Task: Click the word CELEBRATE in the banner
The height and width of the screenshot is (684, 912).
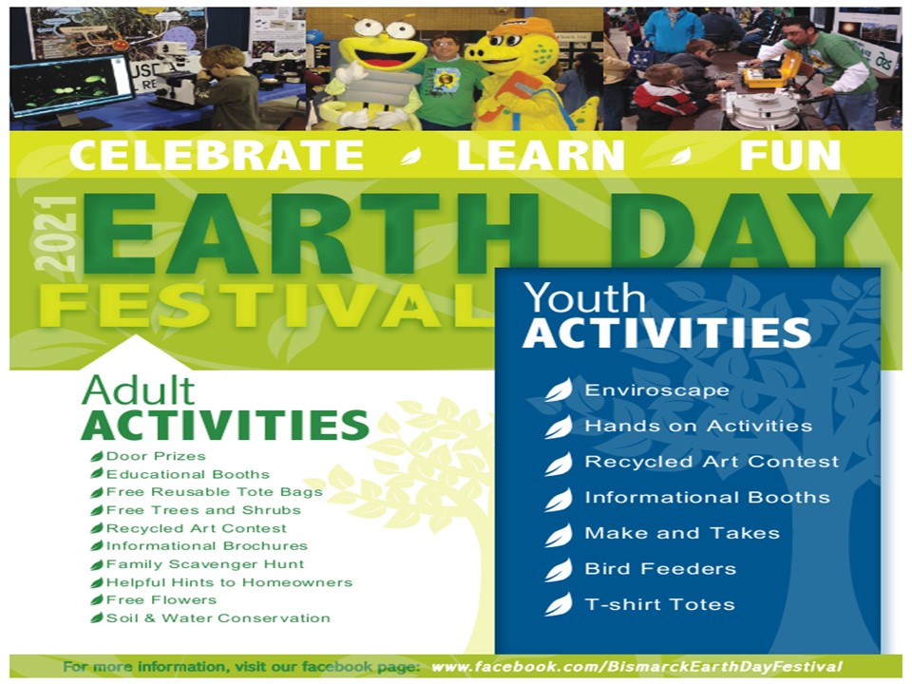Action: point(217,155)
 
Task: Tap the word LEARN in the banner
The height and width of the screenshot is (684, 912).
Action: point(541,155)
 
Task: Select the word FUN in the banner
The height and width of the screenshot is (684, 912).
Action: point(789,155)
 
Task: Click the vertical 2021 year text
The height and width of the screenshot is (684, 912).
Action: point(56,234)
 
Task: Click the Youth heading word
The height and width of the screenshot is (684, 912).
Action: point(584,298)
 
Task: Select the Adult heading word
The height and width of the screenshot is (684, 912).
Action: point(139,390)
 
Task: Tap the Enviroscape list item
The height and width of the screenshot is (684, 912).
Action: point(656,389)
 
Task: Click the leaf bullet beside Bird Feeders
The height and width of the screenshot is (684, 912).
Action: point(559,570)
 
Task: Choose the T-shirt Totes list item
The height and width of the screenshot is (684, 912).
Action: point(659,604)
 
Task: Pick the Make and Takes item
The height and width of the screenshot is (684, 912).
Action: point(682,533)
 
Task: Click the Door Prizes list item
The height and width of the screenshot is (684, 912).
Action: point(156,456)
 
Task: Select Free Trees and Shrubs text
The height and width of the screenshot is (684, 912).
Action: point(203,510)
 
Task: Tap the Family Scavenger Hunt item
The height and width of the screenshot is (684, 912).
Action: point(205,564)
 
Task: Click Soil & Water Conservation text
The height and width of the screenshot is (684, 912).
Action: point(218,617)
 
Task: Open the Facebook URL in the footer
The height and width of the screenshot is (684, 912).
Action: point(636,667)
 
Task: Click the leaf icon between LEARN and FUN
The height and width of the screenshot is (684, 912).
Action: point(680,155)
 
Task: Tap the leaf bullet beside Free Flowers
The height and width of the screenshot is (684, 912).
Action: point(97,600)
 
